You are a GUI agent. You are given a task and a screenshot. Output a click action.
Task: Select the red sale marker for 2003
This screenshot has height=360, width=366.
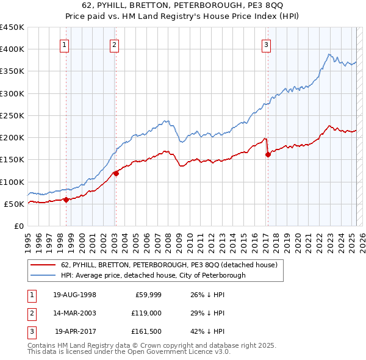116,173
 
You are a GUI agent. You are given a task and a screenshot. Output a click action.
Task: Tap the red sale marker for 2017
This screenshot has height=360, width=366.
268,155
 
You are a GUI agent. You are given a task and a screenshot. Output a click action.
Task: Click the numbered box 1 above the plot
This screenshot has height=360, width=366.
64,44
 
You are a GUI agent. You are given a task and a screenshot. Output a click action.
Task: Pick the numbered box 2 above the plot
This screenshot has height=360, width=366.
114,44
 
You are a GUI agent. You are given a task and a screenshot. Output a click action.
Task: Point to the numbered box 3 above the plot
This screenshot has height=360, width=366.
267,44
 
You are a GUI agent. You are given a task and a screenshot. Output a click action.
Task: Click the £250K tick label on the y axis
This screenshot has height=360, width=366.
12,115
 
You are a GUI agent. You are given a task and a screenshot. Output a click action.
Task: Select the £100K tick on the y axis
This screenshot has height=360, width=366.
12,182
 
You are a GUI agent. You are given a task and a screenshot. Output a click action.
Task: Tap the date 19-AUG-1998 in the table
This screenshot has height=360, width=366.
74,295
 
